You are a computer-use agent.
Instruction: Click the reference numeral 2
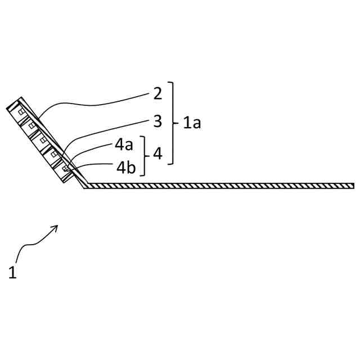click(157, 93)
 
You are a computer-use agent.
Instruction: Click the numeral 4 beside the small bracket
click(157, 154)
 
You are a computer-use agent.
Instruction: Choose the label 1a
click(191, 122)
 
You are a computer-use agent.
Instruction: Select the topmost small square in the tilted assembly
click(21, 111)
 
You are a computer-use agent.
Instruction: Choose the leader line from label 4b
click(96, 164)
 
